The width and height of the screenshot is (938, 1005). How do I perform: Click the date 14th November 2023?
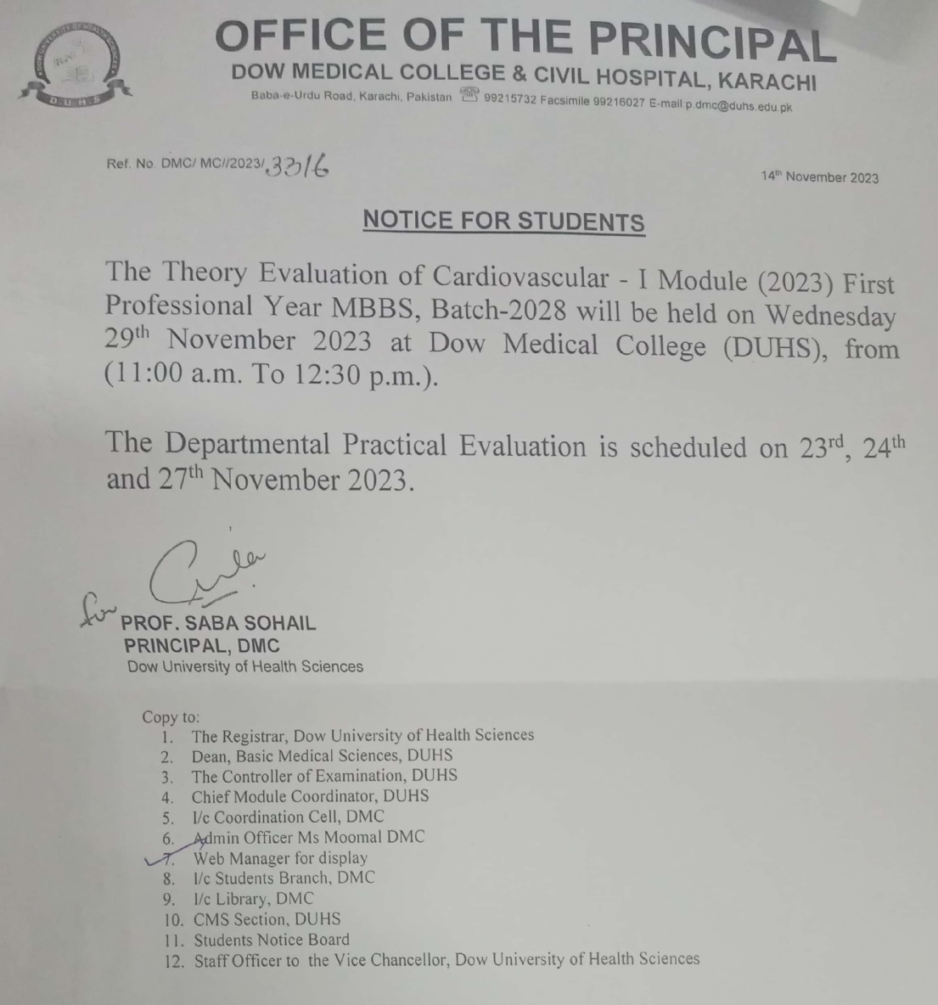(x=819, y=177)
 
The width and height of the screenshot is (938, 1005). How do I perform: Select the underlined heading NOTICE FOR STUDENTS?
(x=503, y=221)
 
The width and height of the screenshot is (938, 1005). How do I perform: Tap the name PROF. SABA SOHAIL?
(x=220, y=623)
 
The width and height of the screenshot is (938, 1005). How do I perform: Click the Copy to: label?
(x=171, y=716)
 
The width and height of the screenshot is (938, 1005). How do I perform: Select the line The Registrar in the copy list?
(x=362, y=736)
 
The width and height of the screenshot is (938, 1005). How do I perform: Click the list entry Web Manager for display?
(x=280, y=858)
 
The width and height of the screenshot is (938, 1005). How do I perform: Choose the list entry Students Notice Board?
(x=271, y=940)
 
